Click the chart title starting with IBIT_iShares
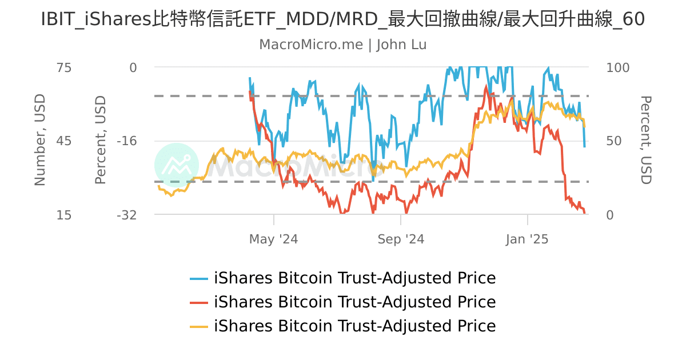pos(343,19)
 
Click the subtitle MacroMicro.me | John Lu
pos(343,45)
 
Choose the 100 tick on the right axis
pos(617,67)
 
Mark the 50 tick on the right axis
pos(613,141)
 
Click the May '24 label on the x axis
pos(273,239)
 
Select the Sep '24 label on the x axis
pos(401,239)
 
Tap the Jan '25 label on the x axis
pos(527,239)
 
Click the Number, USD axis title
pos(40,141)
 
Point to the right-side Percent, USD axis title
pos(645,141)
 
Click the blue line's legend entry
pos(343,278)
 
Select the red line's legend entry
pos(343,302)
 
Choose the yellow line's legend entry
pos(343,326)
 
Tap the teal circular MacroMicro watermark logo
pos(177,165)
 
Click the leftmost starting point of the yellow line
pos(158,186)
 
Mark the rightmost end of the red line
pos(584,213)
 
